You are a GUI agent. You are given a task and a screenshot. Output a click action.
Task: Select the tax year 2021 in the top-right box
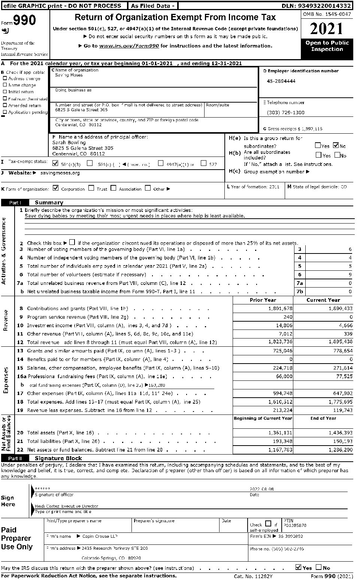tap(327, 29)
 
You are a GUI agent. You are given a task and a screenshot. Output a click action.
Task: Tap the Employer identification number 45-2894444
tap(281, 81)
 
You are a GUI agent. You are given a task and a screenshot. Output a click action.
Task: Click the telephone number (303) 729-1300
tap(285, 112)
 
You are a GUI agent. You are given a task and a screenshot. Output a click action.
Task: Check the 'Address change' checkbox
tap(5, 78)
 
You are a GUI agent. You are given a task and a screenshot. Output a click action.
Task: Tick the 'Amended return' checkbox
tap(5, 105)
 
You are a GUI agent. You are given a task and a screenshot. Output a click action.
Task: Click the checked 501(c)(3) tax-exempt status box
tap(56, 163)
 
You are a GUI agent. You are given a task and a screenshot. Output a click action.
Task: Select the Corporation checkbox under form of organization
tap(56, 188)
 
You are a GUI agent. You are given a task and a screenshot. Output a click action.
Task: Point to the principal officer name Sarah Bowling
tap(69, 142)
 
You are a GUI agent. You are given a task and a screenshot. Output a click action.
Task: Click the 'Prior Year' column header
tap(263, 300)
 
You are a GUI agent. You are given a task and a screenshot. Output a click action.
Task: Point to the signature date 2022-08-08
tap(261, 489)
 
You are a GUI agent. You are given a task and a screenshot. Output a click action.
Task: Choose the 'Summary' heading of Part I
tap(49, 203)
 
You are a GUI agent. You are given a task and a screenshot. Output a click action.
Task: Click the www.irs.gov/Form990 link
tap(129, 46)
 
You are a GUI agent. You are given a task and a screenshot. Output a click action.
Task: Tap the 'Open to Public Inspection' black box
tap(327, 46)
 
